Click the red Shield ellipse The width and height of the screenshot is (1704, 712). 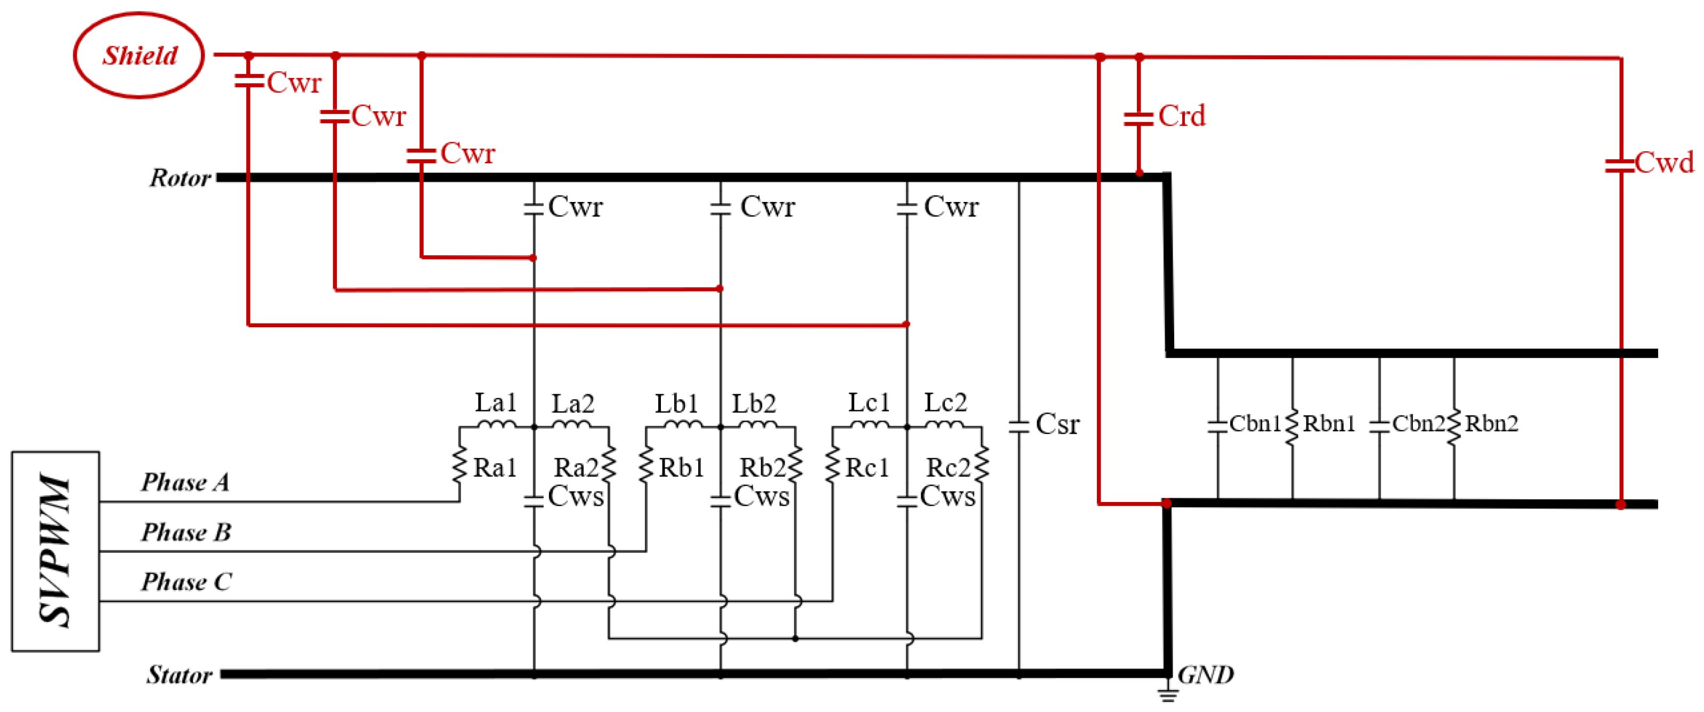coord(139,55)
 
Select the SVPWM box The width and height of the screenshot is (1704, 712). coord(55,551)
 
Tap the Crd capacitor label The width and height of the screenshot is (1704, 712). coord(1182,117)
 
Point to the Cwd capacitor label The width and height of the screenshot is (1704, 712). coord(1665,163)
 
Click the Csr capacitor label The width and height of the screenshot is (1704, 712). coord(1057,424)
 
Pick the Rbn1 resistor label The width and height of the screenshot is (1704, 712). coord(1328,424)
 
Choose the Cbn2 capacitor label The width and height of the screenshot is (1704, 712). coord(1418,424)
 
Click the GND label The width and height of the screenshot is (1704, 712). coord(1205,675)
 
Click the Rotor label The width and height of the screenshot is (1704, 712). coord(179,178)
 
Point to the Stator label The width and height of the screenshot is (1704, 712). coord(179,675)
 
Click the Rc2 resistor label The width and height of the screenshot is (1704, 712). coord(947,468)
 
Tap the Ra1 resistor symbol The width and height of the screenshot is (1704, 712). coord(460,465)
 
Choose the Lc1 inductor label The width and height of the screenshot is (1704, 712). coord(869,403)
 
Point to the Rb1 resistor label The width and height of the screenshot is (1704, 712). coord(681,468)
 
